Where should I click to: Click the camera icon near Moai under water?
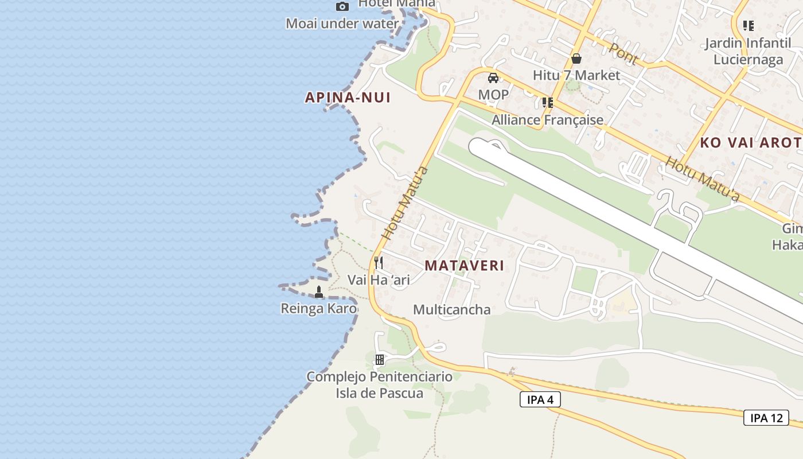pyautogui.click(x=342, y=6)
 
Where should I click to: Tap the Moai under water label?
pyautogui.click(x=342, y=24)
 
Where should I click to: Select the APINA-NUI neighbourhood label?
pyautogui.click(x=348, y=98)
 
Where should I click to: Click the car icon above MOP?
pyautogui.click(x=493, y=77)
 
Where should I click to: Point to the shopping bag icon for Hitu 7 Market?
pyautogui.click(x=576, y=59)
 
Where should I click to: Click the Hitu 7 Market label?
pyautogui.click(x=576, y=75)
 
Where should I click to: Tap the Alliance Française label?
pyautogui.click(x=547, y=119)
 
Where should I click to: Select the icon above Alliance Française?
pyautogui.click(x=547, y=103)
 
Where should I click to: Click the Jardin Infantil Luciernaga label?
pyautogui.click(x=748, y=51)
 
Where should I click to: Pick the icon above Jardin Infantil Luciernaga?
pyautogui.click(x=748, y=25)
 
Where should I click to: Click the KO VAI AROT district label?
pyautogui.click(x=750, y=143)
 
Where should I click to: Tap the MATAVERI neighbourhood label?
pyautogui.click(x=465, y=266)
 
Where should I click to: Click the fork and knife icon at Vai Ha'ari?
pyautogui.click(x=379, y=263)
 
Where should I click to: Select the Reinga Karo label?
pyautogui.click(x=318, y=309)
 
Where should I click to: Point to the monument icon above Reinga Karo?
pyautogui.click(x=319, y=293)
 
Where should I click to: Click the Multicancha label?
pyautogui.click(x=452, y=310)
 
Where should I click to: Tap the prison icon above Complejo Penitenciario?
pyautogui.click(x=379, y=360)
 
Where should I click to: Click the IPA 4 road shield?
pyautogui.click(x=540, y=399)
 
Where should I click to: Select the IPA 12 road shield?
pyautogui.click(x=766, y=418)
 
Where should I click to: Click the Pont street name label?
pyautogui.click(x=623, y=53)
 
